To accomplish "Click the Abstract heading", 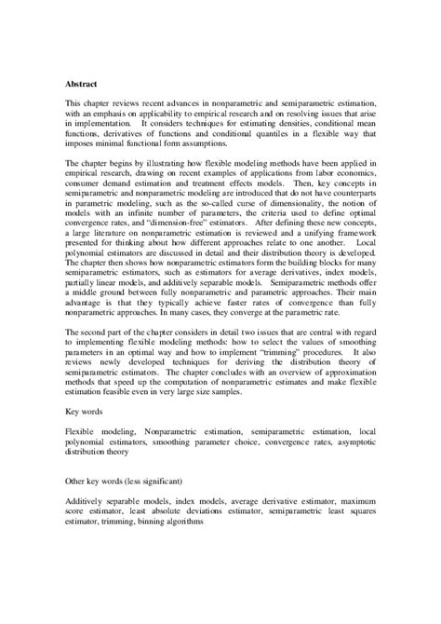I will point(81,82).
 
